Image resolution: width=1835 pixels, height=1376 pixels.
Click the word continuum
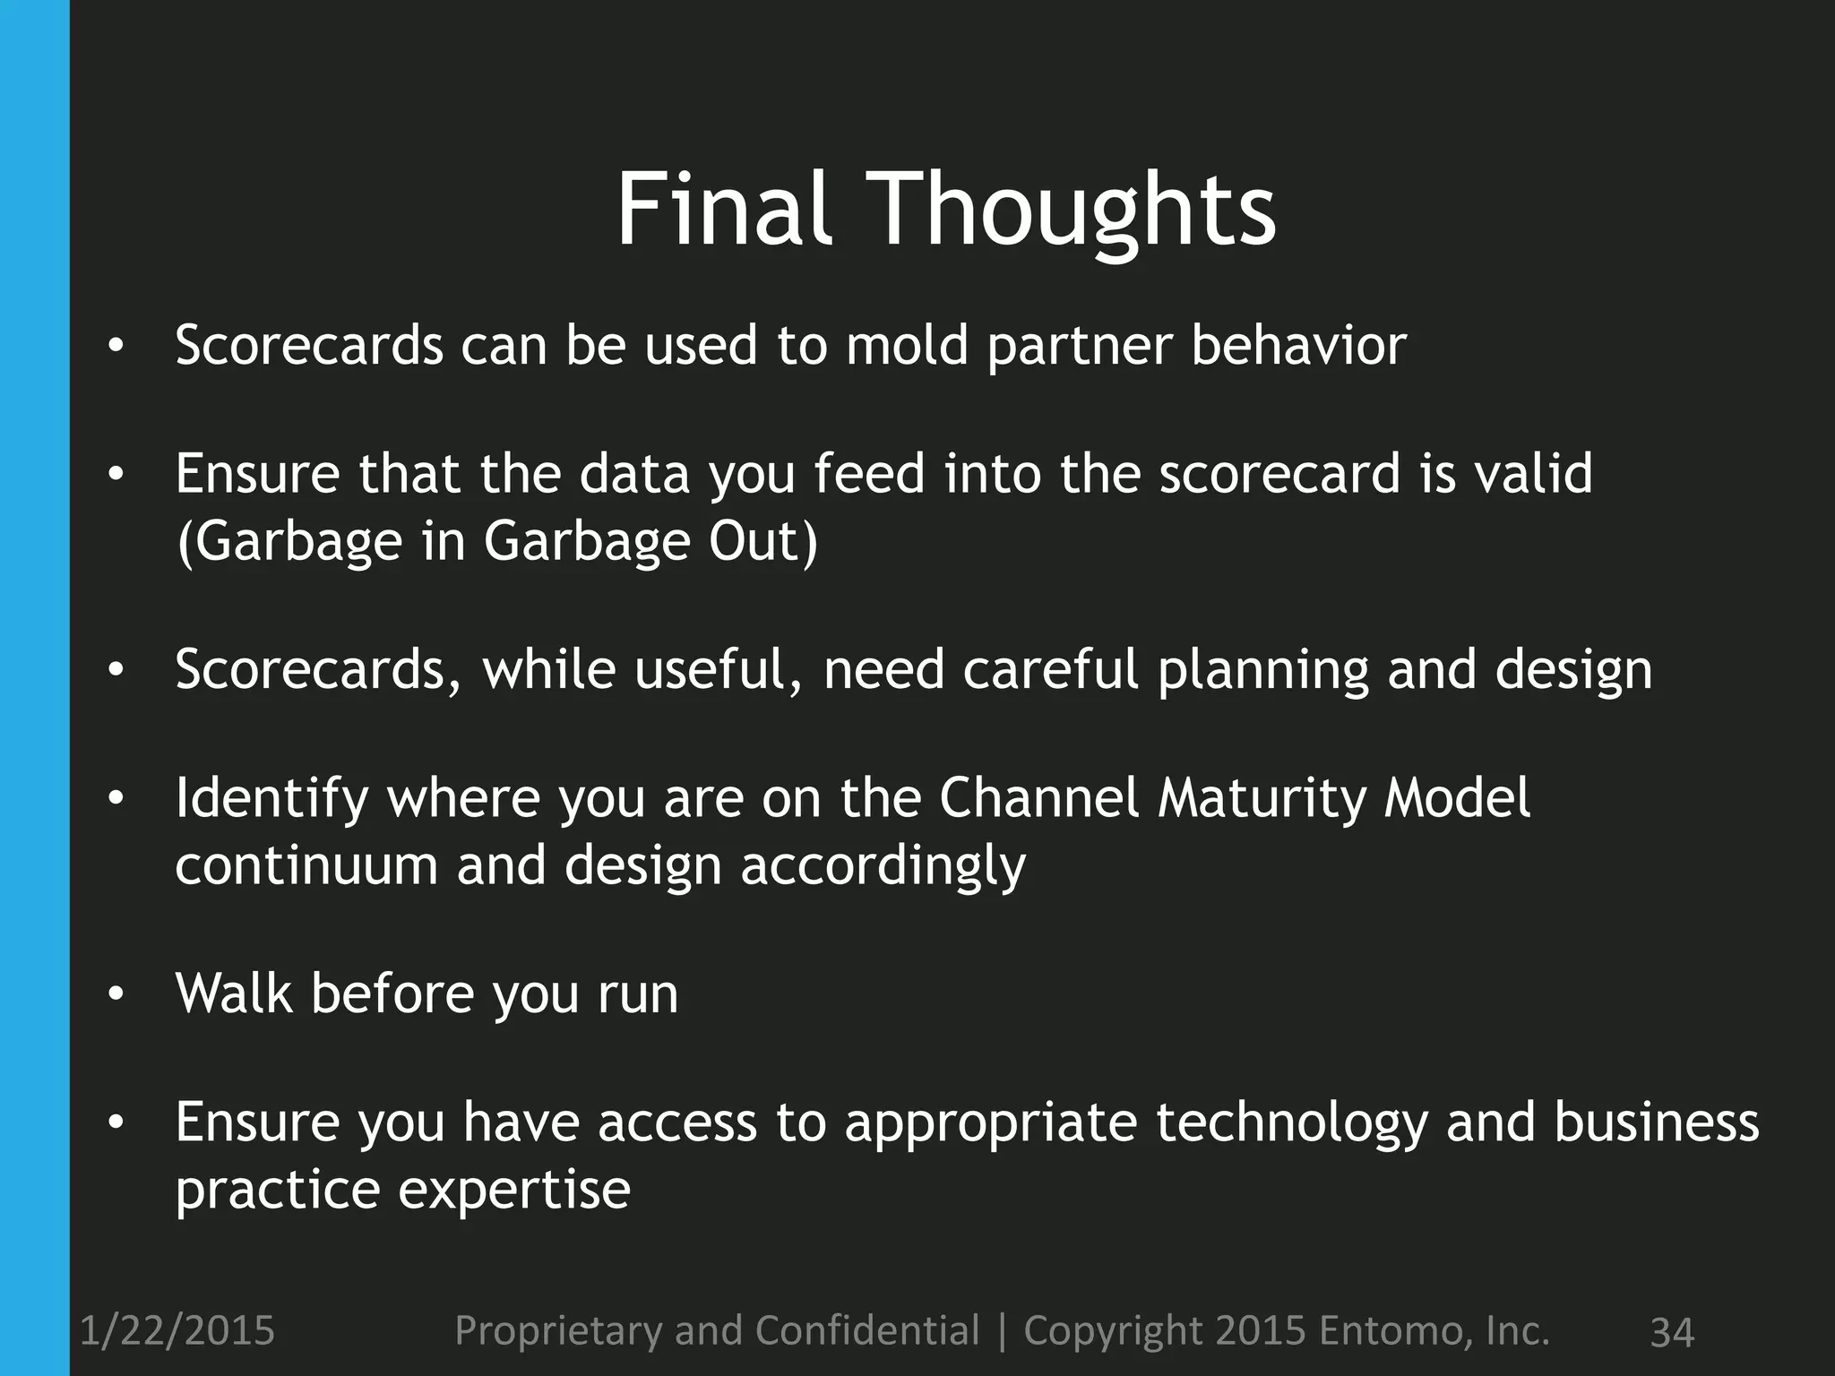click(x=306, y=866)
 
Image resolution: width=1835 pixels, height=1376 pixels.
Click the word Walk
click(x=234, y=993)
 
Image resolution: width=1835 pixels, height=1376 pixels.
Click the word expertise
click(x=514, y=1191)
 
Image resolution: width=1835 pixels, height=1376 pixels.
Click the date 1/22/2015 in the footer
click(x=177, y=1330)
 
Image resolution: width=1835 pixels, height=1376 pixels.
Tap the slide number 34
click(x=1671, y=1332)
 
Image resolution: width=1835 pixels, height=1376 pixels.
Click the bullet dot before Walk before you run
click(x=114, y=994)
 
